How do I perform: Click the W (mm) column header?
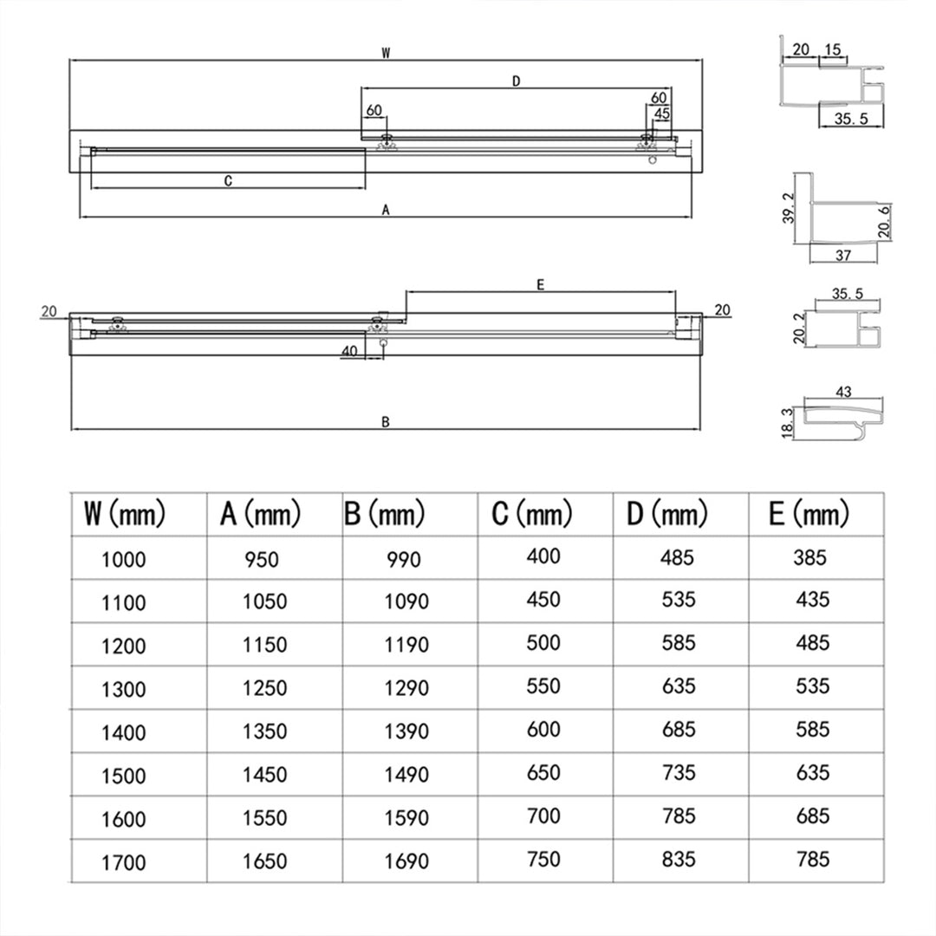[124, 513]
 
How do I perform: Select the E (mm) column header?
[809, 513]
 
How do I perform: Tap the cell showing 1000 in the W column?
[124, 560]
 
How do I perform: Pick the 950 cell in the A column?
[262, 559]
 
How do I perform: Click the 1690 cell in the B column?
[406, 861]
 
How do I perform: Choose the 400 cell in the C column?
[543, 556]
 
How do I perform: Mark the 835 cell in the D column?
[679, 859]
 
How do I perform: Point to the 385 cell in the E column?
[810, 557]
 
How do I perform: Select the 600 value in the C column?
[543, 730]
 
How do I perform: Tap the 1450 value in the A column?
[264, 775]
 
